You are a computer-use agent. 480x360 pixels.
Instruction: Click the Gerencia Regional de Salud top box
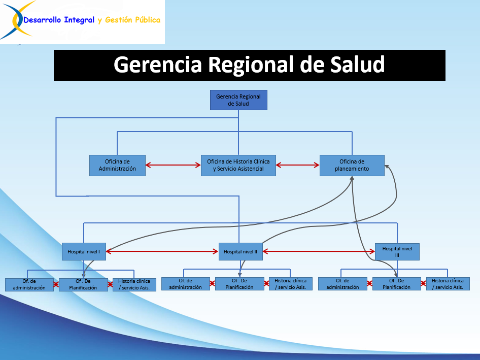(x=238, y=100)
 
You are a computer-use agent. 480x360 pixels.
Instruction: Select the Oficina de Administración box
(x=117, y=165)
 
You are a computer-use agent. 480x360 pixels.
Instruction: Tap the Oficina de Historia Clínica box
(x=238, y=165)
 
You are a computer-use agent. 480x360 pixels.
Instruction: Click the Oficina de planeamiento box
(x=352, y=165)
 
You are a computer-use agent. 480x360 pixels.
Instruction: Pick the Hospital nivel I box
(x=84, y=251)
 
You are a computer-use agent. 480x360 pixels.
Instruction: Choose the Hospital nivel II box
(x=241, y=251)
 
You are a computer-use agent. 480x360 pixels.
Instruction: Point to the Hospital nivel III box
(x=397, y=251)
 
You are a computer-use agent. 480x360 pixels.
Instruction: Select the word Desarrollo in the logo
(x=43, y=20)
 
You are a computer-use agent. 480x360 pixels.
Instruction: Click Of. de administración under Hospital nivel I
(x=29, y=284)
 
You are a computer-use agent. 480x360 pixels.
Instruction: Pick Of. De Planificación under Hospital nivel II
(x=239, y=284)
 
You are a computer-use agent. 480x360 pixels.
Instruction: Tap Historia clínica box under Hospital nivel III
(x=448, y=284)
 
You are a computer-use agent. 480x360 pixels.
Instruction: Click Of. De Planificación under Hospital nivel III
(x=396, y=284)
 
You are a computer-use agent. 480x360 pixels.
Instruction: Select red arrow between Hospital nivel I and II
(x=162, y=251)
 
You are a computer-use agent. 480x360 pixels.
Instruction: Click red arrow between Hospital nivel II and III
(x=319, y=251)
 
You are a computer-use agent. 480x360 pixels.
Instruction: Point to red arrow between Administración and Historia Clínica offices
(x=173, y=165)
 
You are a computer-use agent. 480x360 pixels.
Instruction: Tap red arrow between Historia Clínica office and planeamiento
(x=298, y=165)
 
